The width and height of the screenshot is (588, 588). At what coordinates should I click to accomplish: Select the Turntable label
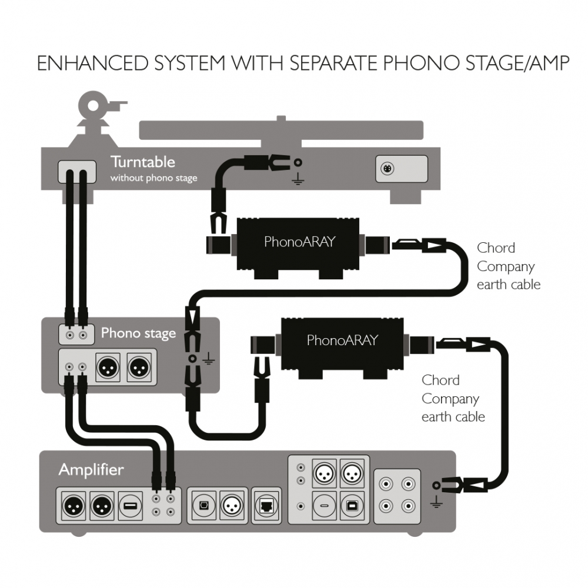click(x=143, y=162)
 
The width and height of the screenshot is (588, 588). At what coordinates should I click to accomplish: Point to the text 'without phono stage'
click(x=154, y=178)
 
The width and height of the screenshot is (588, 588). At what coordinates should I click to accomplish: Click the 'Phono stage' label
click(x=138, y=333)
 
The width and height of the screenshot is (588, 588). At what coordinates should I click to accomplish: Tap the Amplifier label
click(x=91, y=470)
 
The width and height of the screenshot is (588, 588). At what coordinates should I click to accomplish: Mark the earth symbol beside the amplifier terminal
click(x=436, y=501)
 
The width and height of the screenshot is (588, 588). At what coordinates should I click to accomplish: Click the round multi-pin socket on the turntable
click(x=389, y=169)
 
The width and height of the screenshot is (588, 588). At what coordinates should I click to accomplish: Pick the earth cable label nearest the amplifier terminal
click(x=453, y=399)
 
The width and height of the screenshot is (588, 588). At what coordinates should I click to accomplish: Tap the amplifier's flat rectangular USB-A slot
click(x=129, y=505)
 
